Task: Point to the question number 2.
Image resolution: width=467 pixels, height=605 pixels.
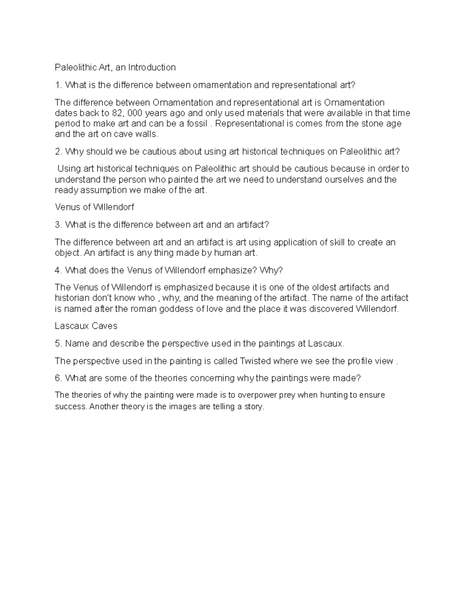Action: tap(58, 152)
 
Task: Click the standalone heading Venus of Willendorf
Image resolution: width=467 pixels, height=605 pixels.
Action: tap(94, 207)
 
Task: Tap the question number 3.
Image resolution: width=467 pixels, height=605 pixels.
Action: tap(58, 225)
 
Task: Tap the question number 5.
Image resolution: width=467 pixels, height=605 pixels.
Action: tap(58, 344)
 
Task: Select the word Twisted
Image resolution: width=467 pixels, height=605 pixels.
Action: tap(255, 361)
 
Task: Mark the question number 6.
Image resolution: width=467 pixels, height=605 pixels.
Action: tap(58, 378)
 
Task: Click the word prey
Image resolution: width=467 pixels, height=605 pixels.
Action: tap(288, 395)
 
